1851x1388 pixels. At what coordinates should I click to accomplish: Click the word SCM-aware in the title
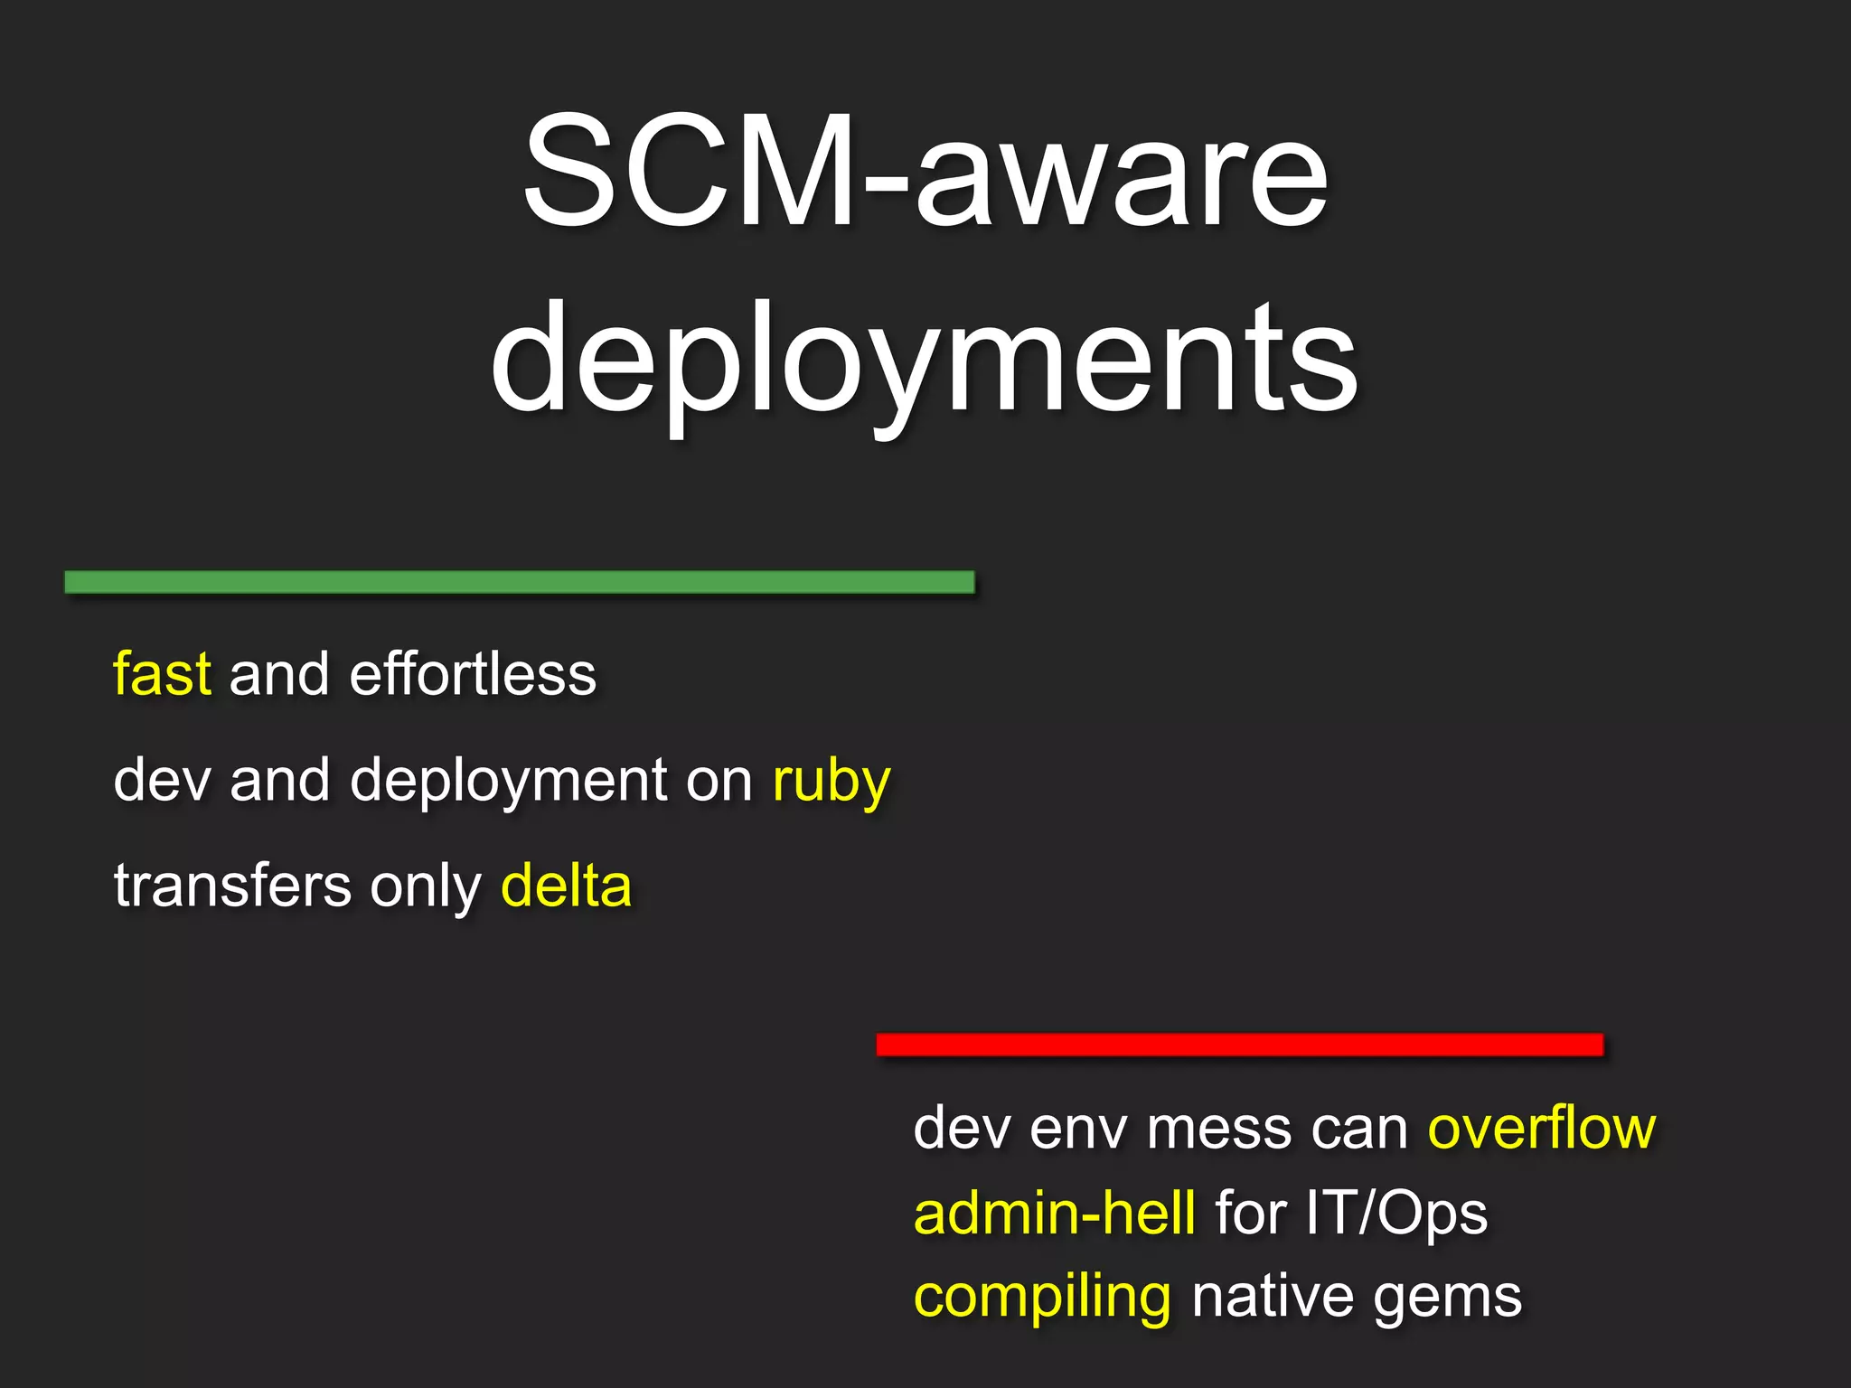click(x=925, y=172)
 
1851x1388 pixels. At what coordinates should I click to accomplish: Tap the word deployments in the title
click(x=925, y=361)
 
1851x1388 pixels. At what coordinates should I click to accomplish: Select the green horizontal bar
click(x=520, y=582)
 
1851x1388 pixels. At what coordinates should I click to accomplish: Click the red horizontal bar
click(x=1239, y=1045)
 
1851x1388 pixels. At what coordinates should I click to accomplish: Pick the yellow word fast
click(x=162, y=674)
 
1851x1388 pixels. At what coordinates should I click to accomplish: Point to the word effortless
click(x=473, y=674)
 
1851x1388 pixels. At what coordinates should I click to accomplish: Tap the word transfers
click(x=232, y=886)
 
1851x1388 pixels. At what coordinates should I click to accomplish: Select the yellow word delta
click(x=567, y=886)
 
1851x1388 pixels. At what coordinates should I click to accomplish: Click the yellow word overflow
click(x=1542, y=1128)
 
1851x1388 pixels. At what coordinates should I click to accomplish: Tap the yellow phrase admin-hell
click(x=1055, y=1213)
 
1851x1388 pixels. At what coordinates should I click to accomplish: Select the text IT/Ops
click(x=1396, y=1213)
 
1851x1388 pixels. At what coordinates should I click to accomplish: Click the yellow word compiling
click(x=1043, y=1298)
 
